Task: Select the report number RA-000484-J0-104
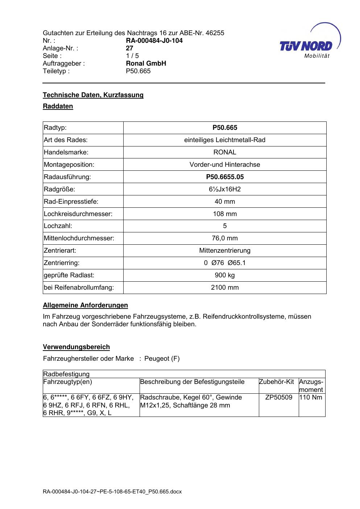pos(154,41)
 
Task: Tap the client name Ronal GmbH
pos(146,63)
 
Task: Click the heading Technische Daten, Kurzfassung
pos(93,95)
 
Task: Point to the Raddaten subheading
pos(58,106)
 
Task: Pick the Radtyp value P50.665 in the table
pos(225,128)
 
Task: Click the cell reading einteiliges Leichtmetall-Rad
pos(225,140)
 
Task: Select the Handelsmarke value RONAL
pos(225,152)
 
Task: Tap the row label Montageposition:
pos(69,165)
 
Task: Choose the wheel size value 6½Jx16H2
pos(225,189)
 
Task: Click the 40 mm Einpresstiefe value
pos(225,202)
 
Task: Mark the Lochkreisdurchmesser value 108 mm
pos(225,214)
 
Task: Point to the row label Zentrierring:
pos(62,263)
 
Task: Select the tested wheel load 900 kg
pos(225,275)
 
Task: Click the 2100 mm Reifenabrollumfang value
pos(225,287)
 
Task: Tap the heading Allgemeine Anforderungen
pos(85,305)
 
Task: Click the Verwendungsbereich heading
pos(76,347)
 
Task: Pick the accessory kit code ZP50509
pos(278,397)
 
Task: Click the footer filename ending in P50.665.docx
pos(112,492)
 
